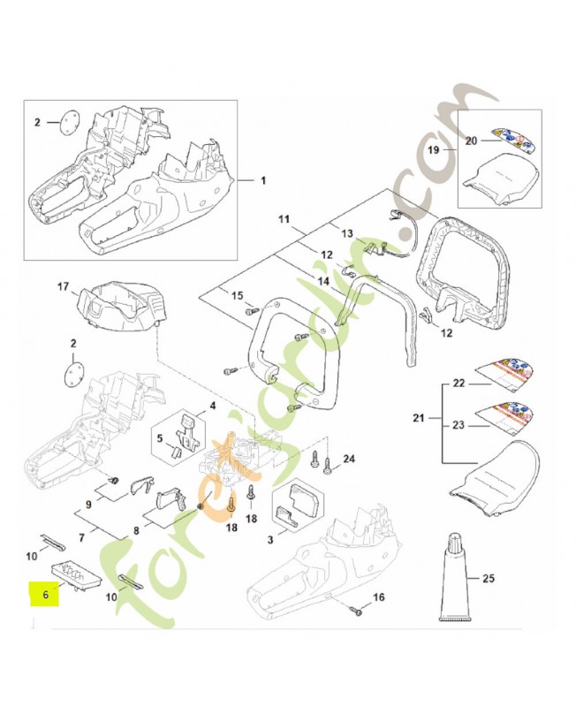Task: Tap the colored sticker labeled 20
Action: [518, 137]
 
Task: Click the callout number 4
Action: [213, 407]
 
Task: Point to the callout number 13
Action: [346, 233]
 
